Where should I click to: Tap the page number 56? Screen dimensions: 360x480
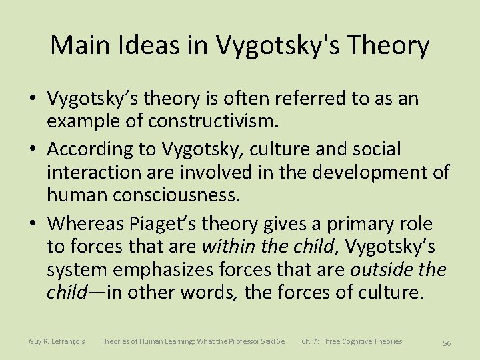[447, 343]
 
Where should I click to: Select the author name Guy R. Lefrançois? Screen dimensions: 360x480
[57, 342]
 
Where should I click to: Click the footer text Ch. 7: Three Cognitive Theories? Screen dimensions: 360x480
[351, 342]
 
